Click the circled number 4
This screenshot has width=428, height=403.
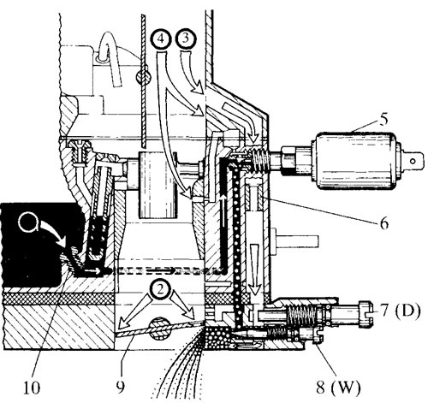(161, 39)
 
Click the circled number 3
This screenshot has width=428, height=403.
(186, 39)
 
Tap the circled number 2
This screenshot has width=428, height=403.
(160, 290)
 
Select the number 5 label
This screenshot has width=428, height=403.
(383, 119)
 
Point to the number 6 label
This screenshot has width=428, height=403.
(384, 223)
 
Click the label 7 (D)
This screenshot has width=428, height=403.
(400, 311)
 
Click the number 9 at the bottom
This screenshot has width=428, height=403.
(121, 387)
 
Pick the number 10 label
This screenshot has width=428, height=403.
(32, 388)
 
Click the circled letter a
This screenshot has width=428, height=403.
(28, 222)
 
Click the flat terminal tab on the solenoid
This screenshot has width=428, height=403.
(409, 161)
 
